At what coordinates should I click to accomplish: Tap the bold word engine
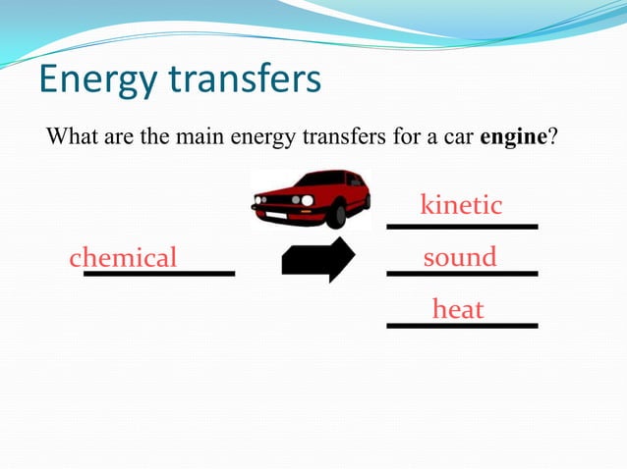coord(512,136)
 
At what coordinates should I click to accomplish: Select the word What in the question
coord(70,136)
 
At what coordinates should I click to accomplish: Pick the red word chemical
coord(123,258)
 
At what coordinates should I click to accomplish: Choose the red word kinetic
coord(461,205)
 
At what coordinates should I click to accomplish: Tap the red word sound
coord(460,257)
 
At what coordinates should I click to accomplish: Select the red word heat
coord(458,310)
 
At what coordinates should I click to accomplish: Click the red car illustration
coord(312,197)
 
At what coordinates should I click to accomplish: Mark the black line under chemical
coord(159,273)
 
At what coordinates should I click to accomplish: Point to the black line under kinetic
coord(462,227)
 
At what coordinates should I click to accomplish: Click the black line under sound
coord(462,273)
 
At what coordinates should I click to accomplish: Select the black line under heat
coord(462,325)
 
